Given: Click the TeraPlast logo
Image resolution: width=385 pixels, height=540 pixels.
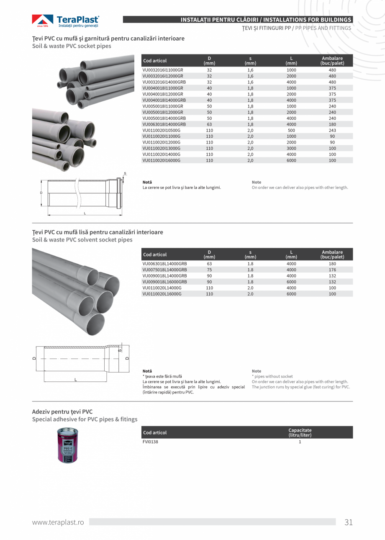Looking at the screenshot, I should click(x=66, y=21).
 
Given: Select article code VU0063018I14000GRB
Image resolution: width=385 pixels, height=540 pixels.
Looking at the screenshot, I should click(x=164, y=124).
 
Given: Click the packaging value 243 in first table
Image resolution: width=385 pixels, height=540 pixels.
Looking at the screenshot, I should click(x=332, y=130).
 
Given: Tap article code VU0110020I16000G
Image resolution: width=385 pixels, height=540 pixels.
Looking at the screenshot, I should click(x=162, y=160).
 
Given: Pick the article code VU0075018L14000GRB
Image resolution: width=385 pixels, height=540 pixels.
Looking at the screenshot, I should click(x=164, y=270).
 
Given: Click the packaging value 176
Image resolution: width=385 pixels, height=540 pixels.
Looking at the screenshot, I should click(x=332, y=270).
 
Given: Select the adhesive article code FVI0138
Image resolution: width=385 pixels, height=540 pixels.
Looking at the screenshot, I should click(x=150, y=442).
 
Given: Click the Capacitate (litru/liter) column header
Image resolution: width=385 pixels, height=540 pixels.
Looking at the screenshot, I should click(x=300, y=432).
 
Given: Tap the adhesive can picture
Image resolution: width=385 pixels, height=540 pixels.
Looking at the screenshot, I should click(x=68, y=445).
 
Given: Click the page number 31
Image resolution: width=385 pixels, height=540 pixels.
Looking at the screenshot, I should click(x=349, y=522).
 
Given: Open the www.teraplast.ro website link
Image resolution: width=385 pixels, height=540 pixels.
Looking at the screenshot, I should click(x=58, y=522).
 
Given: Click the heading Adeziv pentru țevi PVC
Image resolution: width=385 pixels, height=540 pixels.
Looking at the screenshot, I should click(x=62, y=411).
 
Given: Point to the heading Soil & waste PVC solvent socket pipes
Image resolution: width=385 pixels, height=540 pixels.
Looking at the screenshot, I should click(x=82, y=240).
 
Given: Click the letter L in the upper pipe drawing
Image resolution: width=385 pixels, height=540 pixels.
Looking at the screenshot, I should click(x=85, y=213).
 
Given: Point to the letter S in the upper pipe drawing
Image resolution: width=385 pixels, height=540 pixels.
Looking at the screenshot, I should click(x=125, y=173).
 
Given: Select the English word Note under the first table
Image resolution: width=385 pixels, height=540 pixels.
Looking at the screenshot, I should click(x=257, y=182).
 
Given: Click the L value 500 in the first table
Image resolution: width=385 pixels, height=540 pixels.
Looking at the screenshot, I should click(x=291, y=130).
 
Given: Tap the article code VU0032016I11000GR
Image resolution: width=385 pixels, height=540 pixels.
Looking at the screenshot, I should click(x=163, y=70).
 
